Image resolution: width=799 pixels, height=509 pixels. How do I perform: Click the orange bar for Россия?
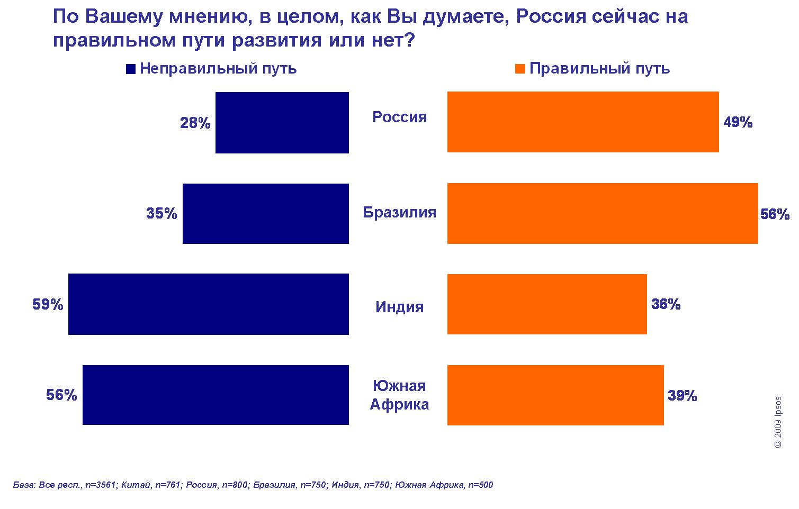point(583,122)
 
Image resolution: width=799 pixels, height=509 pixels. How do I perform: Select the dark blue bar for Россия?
point(282,123)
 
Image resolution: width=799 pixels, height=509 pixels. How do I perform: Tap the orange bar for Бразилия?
point(603,213)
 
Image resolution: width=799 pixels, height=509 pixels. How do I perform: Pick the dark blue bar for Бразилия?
point(265,213)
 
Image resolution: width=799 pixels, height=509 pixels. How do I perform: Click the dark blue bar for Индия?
point(208,304)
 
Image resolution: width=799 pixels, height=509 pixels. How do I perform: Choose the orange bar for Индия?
point(547,304)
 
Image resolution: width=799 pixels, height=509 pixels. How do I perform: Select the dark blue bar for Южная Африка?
point(216,395)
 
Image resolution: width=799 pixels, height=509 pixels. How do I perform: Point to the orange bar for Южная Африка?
point(555,395)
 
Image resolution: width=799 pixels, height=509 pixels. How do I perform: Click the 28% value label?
point(195,123)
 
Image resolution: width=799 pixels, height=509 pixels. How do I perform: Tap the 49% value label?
point(738,123)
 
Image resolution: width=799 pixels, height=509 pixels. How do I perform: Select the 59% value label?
point(48,305)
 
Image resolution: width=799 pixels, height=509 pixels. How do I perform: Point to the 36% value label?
point(666,304)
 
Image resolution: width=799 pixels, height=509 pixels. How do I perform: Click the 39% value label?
point(682,395)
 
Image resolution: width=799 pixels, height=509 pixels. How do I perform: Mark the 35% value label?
point(161,214)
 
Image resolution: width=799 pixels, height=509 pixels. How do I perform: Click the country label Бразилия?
point(399,212)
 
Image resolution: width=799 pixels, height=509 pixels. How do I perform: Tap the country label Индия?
point(399,307)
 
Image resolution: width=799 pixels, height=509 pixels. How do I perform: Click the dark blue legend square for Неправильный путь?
point(131,69)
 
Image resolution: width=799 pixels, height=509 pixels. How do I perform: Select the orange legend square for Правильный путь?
point(520,69)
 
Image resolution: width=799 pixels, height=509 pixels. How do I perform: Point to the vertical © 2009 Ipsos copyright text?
point(777,422)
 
